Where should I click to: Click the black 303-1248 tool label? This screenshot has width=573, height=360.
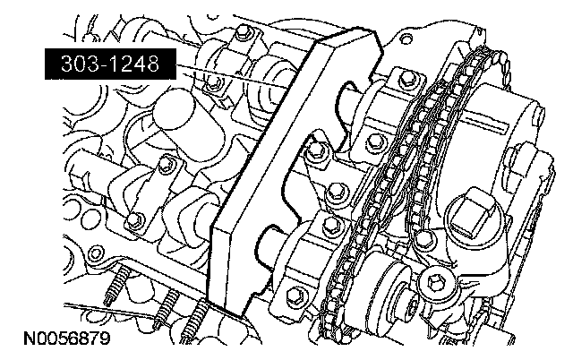[x=110, y=64]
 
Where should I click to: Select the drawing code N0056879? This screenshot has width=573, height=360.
[x=67, y=339]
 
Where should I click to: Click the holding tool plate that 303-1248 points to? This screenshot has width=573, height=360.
[x=293, y=172]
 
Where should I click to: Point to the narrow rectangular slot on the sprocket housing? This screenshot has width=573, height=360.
[x=485, y=124]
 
